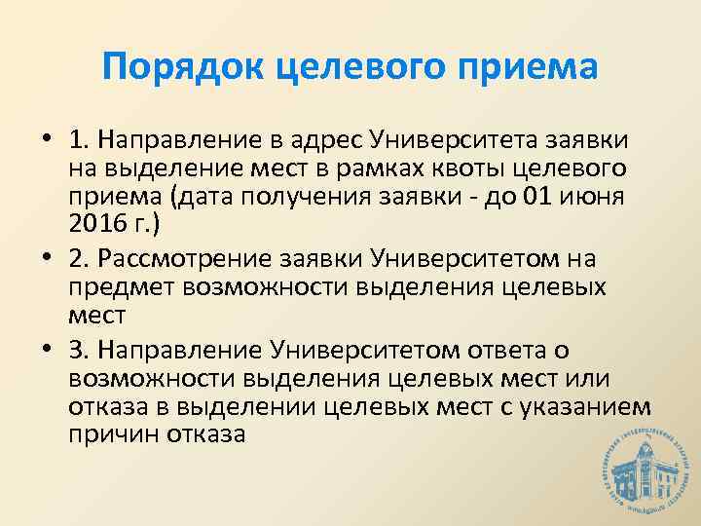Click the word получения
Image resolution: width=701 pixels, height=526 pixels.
point(281,196)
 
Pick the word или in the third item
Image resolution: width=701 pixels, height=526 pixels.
point(571,377)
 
